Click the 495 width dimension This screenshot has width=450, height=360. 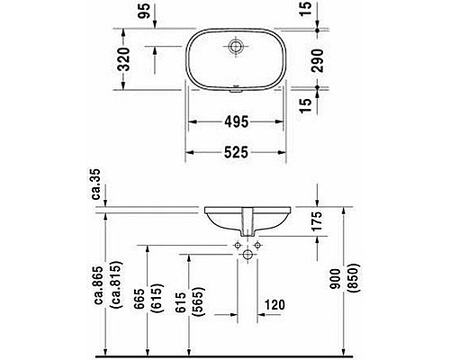[x=238, y=122]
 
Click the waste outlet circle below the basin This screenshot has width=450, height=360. [x=246, y=256]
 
